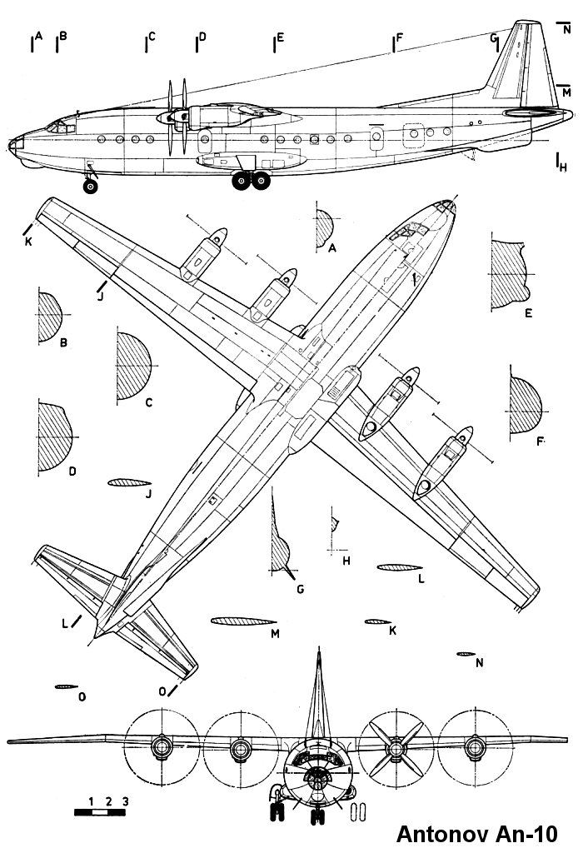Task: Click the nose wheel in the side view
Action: (90, 187)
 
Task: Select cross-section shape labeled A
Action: (323, 225)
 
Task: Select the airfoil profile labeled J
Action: (127, 482)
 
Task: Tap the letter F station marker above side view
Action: (400, 37)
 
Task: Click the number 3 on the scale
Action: (125, 801)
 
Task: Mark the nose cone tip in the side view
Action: (12, 147)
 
